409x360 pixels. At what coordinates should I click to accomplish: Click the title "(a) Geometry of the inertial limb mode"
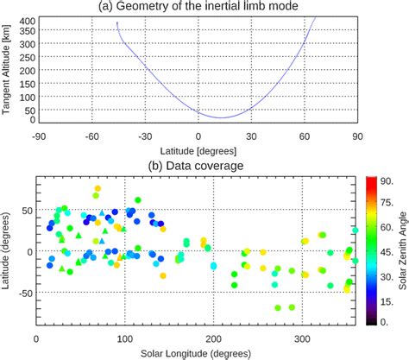point(198,8)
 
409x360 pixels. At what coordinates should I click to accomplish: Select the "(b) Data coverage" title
point(197,165)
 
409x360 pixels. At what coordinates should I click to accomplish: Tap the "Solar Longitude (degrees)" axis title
point(196,354)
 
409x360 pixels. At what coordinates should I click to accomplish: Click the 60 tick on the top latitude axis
point(304,136)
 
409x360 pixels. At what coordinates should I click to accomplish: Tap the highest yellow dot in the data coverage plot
point(98,188)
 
